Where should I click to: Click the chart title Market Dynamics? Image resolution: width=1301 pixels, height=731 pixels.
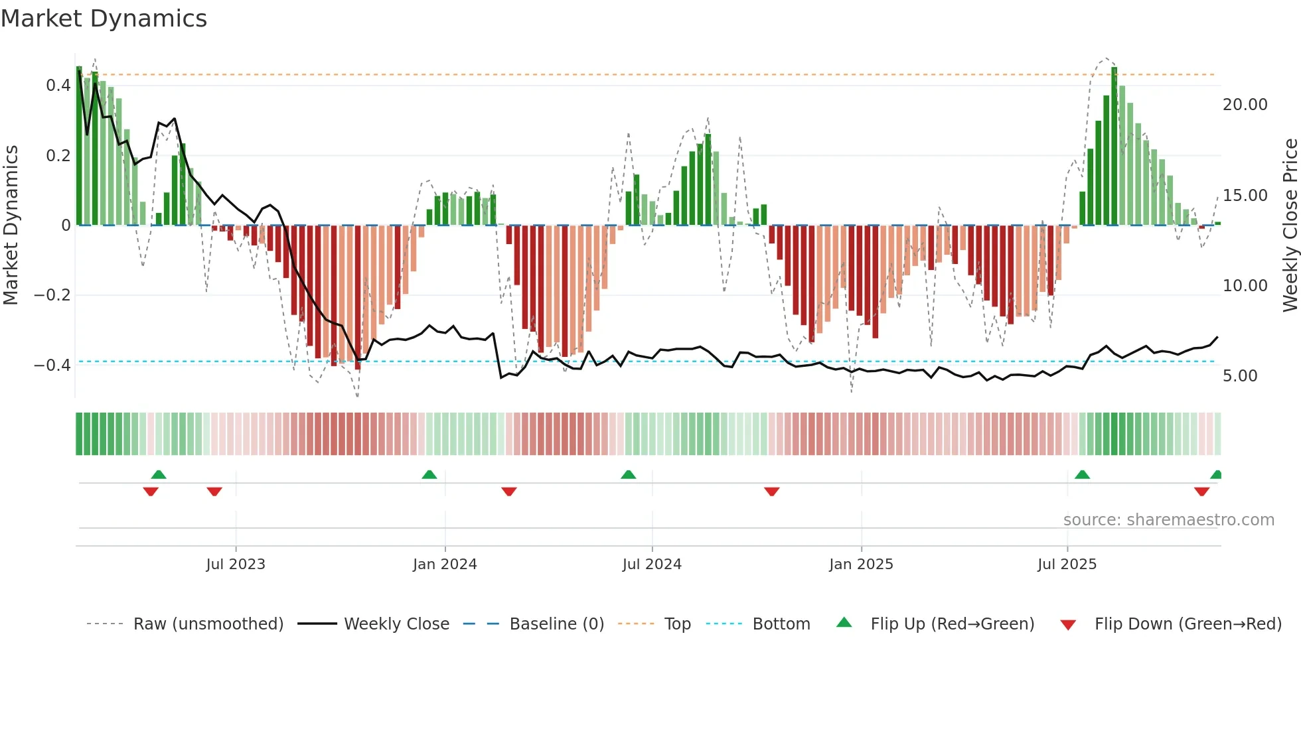click(x=104, y=19)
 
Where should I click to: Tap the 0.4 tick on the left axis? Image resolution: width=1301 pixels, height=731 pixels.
click(x=58, y=86)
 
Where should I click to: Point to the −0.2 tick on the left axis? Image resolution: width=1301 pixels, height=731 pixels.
click(x=52, y=295)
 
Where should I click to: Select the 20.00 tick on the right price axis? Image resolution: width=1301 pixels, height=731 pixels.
click(x=1245, y=105)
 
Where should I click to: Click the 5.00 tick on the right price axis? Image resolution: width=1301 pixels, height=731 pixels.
click(x=1240, y=376)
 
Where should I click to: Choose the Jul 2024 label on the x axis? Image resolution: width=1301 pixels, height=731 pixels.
click(x=652, y=565)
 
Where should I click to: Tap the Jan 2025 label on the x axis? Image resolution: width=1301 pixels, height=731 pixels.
click(x=861, y=565)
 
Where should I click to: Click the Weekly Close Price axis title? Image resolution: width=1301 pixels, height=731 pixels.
click(x=1290, y=226)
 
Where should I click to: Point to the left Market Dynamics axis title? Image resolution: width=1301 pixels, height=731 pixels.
click(x=11, y=226)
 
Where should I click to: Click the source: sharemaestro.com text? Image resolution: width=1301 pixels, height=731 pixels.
click(x=1168, y=520)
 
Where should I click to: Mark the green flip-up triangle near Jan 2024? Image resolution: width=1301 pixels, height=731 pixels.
click(x=429, y=475)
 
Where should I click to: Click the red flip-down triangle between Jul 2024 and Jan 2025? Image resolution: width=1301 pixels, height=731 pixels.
click(x=771, y=492)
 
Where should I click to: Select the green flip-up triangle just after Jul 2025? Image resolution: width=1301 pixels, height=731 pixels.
click(x=1082, y=475)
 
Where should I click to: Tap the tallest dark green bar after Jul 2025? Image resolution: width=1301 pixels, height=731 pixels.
click(x=1114, y=146)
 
